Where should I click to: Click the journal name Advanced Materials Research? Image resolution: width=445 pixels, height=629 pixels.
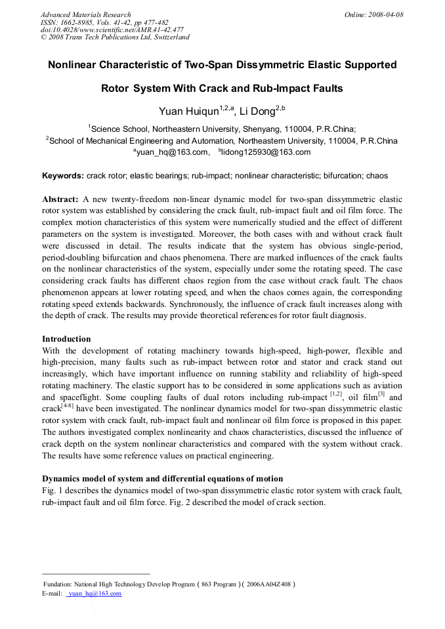(85, 14)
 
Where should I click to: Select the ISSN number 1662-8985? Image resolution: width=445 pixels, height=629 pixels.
(79, 22)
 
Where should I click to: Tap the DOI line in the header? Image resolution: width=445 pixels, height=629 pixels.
(112, 30)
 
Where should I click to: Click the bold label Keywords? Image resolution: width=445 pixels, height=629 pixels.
(63, 176)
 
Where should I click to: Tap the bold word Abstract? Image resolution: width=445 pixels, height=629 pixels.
(60, 199)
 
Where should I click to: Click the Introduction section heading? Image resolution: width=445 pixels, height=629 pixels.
(66, 339)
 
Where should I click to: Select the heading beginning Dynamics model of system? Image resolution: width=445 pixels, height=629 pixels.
(163, 478)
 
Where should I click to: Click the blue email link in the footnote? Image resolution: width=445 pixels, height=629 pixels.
(94, 594)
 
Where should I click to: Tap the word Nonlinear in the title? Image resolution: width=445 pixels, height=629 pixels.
(75, 65)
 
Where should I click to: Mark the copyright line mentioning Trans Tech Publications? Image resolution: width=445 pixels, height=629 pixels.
(115, 37)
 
